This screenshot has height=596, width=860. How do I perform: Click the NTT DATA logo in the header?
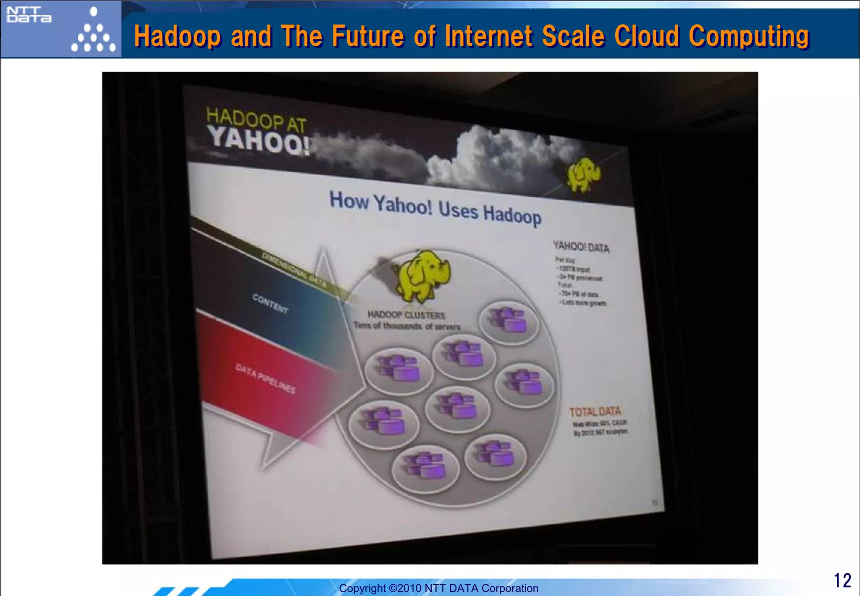29,15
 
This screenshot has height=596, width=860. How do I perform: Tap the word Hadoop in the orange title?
177,36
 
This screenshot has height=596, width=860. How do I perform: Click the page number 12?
842,580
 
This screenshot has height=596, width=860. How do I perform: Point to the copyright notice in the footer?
438,588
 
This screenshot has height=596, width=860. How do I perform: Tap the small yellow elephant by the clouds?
583,174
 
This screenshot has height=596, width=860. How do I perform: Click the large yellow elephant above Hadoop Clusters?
422,275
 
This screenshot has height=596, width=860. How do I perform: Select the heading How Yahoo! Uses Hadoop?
435,208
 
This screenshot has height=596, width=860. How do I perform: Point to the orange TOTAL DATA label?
595,411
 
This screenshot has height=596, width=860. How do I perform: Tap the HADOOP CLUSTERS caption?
406,314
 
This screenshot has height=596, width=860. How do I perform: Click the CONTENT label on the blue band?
270,303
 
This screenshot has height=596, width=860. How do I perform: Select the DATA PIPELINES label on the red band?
265,378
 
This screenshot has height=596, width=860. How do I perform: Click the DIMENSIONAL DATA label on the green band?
294,269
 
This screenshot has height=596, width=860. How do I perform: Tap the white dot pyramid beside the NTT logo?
93,32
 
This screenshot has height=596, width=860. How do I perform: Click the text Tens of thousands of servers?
406,326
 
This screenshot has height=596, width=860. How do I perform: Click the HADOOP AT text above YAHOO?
256,119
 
